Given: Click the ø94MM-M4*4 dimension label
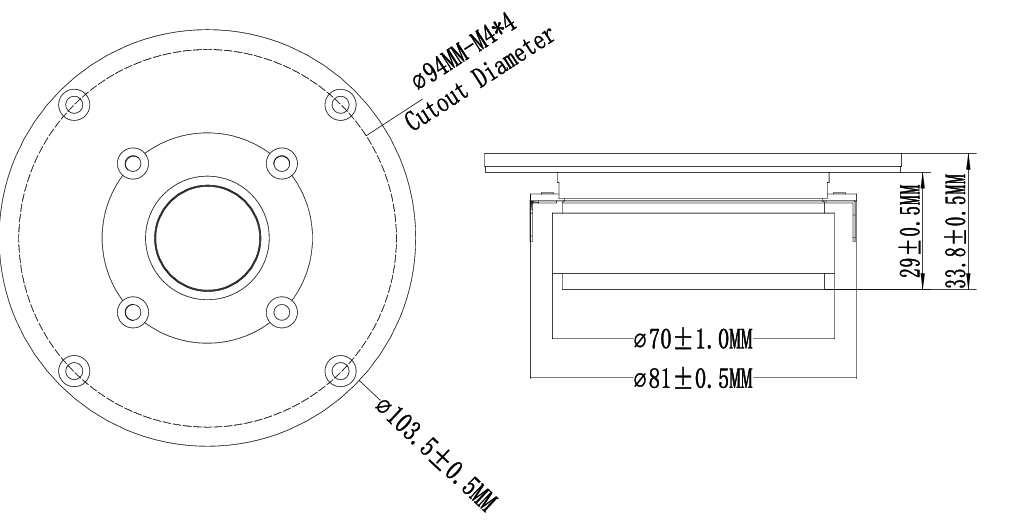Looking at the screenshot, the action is click(465, 52).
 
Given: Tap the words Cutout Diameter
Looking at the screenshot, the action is click(481, 79).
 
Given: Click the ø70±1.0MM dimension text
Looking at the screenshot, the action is click(693, 339).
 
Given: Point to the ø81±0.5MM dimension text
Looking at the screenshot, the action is click(693, 379).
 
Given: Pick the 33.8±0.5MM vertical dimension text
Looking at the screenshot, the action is click(956, 230).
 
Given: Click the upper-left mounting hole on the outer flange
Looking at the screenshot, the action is click(74, 104).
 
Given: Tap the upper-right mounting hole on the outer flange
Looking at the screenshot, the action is click(340, 104).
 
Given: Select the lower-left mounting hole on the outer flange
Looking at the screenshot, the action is click(74, 371).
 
